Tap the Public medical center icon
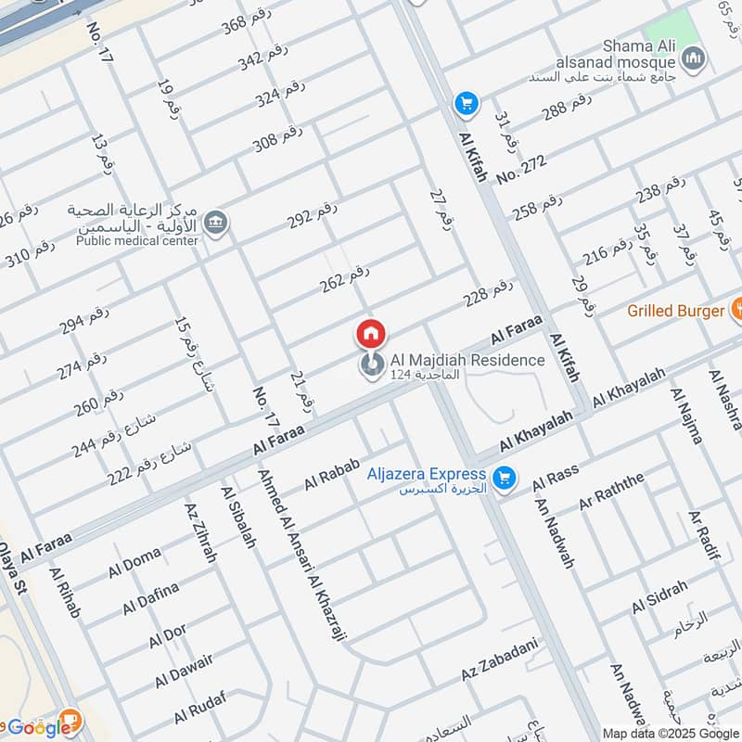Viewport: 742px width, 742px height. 216,224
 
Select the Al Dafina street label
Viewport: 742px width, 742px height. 151,598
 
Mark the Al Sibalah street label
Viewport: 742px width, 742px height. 238,516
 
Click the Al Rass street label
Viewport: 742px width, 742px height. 556,479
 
